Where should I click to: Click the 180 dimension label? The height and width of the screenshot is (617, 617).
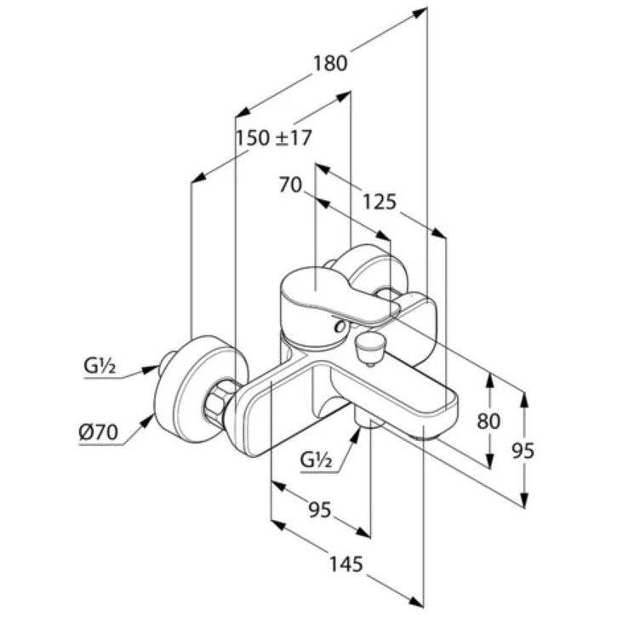330,63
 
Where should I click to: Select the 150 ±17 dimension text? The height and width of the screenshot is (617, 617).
273,138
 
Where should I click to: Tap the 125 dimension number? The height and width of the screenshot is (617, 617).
380,203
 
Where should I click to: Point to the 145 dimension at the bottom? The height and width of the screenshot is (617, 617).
346,564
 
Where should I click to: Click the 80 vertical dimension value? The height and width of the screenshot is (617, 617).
488,420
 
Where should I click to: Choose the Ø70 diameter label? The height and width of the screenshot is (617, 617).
99,433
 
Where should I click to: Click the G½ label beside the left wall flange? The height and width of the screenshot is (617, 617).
100,367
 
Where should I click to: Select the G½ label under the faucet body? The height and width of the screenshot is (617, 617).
316,460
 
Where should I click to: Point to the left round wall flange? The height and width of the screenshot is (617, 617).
200,387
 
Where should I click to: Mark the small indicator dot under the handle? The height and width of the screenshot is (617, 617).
339,326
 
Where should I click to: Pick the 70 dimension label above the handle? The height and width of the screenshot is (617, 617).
290,185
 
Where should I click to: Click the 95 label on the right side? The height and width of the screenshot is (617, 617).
523,450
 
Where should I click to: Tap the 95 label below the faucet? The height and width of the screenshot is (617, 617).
320,511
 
